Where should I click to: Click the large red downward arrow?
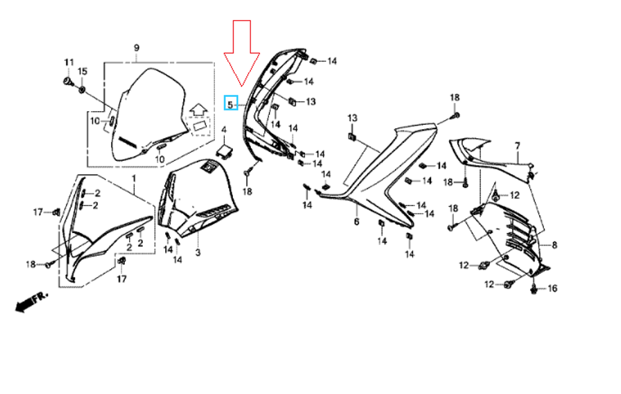(x=242, y=53)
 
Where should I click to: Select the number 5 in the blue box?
(x=230, y=105)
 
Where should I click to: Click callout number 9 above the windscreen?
(x=137, y=48)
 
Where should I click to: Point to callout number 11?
(x=69, y=62)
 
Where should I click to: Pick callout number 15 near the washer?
(x=83, y=71)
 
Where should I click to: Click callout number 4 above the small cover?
(x=224, y=130)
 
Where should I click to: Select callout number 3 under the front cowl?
(x=198, y=252)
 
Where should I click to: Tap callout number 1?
(x=134, y=178)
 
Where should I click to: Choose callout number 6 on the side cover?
(x=356, y=222)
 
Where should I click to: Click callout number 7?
(x=518, y=146)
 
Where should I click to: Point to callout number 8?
(x=555, y=245)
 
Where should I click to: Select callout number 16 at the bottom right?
(x=552, y=288)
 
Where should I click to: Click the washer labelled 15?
(x=82, y=90)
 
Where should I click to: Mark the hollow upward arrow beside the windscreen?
(x=199, y=109)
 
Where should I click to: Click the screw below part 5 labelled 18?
(x=247, y=173)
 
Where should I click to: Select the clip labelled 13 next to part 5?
(x=292, y=101)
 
